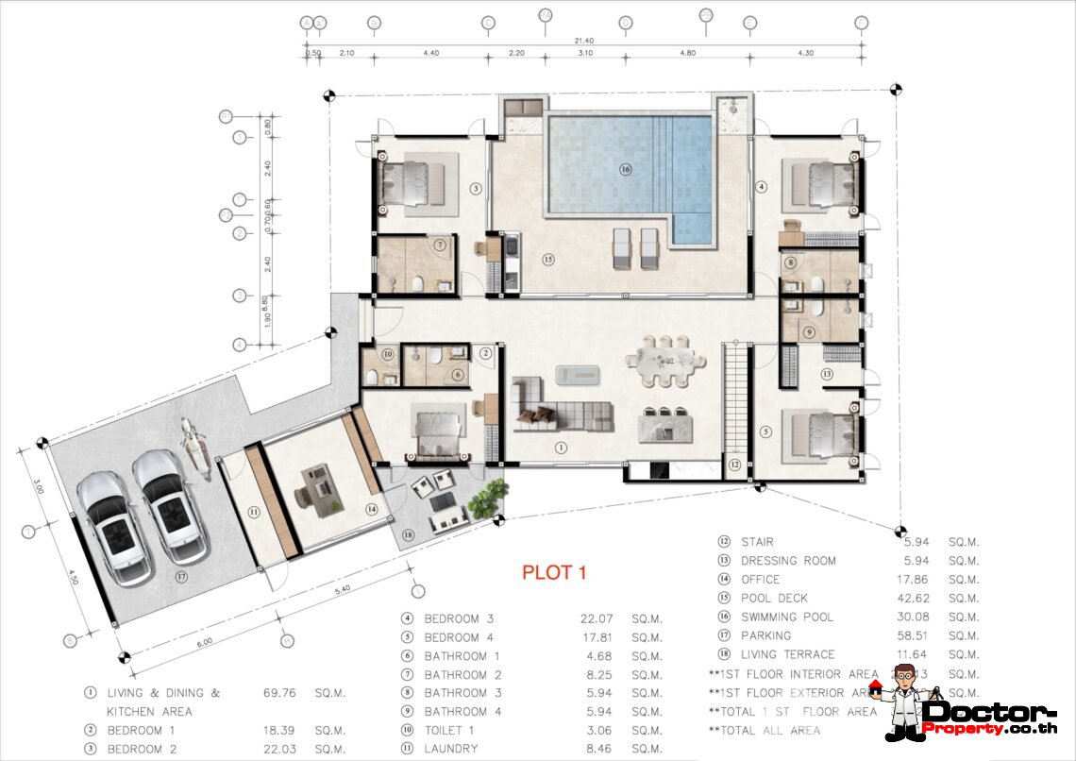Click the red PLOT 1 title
[555, 572]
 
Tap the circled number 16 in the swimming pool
[625, 170]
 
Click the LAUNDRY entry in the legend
[452, 749]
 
